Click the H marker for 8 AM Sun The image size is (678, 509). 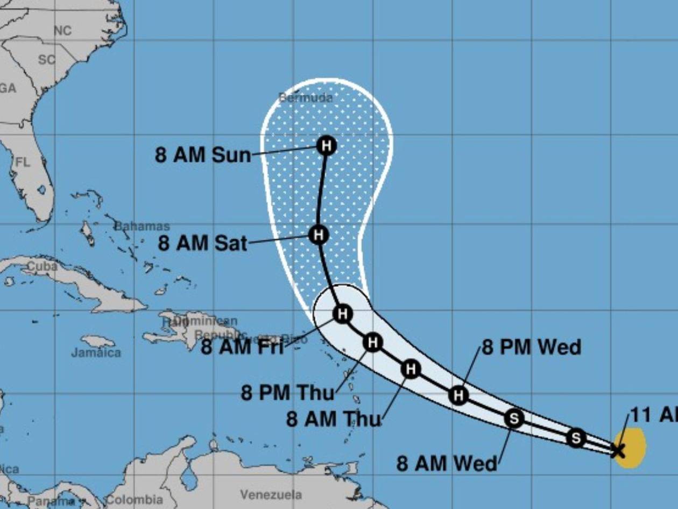click(326, 145)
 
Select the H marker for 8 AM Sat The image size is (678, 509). click(318, 235)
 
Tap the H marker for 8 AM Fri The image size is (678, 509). click(343, 313)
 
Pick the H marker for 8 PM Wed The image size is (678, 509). click(458, 395)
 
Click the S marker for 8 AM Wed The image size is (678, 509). click(514, 418)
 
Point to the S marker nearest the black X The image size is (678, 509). click(576, 437)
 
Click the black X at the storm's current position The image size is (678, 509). click(618, 449)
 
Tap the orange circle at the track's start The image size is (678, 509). click(632, 447)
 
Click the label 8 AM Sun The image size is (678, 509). click(203, 155)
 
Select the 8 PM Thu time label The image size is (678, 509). click(287, 393)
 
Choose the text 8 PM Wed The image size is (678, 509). click(531, 347)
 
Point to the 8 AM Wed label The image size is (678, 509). click(447, 463)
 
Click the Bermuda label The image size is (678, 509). click(306, 98)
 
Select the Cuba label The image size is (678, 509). click(42, 266)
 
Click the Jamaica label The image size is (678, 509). click(96, 353)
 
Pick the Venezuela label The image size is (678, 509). click(271, 494)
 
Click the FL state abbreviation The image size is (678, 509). click(23, 162)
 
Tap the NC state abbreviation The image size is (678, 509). click(62, 31)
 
